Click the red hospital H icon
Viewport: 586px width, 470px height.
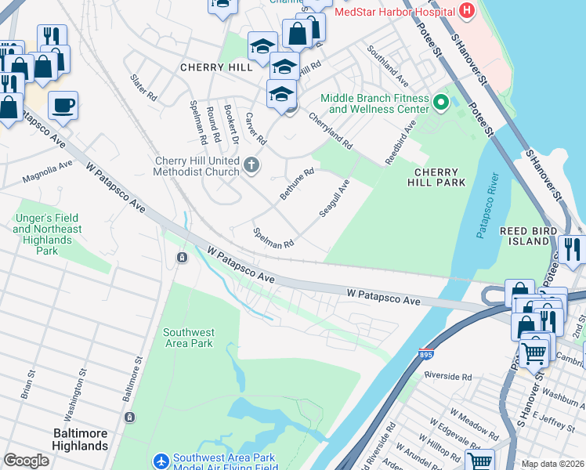(468, 11)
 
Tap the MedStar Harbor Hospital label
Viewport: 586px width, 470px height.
(394, 12)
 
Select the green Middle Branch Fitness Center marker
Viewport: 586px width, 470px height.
(441, 102)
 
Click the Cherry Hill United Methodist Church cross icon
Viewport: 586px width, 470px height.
(251, 164)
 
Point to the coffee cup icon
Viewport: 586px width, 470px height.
(63, 104)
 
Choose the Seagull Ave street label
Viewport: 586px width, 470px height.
(334, 199)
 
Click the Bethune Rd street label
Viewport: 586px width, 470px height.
(297, 183)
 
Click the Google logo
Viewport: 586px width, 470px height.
(27, 461)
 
